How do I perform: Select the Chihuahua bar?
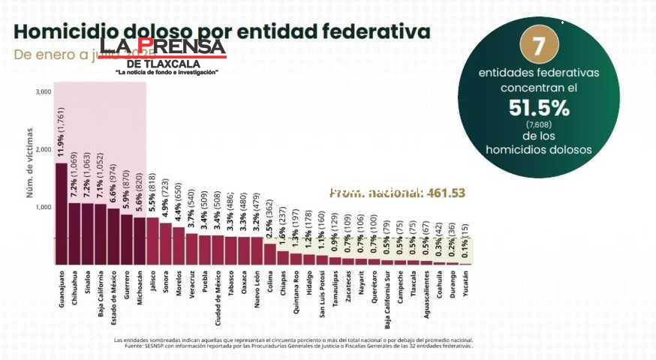coord(74,233)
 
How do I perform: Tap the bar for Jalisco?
coord(152,241)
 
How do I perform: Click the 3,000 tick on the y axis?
coord(43,91)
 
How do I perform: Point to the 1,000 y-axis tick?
coord(43,207)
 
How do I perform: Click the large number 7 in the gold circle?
coord(537,46)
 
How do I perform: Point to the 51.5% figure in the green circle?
coord(538,108)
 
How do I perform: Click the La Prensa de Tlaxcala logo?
coord(167,56)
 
